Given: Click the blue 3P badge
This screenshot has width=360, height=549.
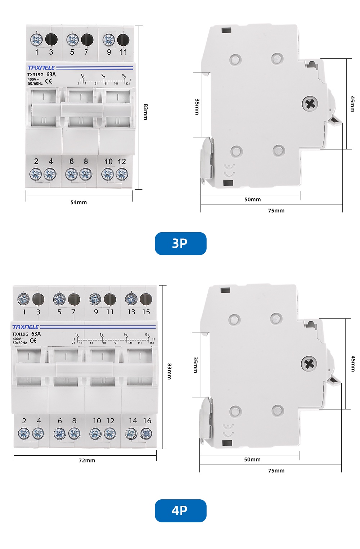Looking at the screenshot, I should tap(180, 244).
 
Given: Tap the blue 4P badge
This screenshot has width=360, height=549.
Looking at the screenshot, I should tap(180, 510).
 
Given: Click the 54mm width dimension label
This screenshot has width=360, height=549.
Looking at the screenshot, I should tap(78, 202).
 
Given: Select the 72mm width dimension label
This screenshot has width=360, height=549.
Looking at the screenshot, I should tap(87, 460).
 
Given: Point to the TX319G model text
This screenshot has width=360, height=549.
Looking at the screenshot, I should tap(35, 75).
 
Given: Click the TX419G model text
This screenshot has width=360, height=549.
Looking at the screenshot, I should tap(20, 334).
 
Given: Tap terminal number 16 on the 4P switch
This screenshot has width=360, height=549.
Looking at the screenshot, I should tap(147, 421).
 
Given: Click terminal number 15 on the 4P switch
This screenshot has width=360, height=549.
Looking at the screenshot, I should tap(146, 312).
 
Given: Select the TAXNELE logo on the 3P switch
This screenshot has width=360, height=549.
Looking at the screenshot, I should tap(41, 68).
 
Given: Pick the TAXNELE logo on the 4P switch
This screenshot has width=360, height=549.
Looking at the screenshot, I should tap(26, 327).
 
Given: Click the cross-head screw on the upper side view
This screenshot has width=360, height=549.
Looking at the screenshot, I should tap(310, 104).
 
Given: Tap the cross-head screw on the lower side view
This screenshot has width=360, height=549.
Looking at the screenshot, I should tap(309, 364).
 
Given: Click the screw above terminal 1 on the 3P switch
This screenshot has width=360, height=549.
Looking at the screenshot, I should tap(36, 39).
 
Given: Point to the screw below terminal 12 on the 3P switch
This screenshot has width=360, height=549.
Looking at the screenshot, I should tap(122, 175).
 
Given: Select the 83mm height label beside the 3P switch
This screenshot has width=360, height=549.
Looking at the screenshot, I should tap(145, 112).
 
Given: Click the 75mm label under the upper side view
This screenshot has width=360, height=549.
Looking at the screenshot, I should tap(276, 211).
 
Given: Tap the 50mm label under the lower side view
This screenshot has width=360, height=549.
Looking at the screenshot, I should tap(252, 459).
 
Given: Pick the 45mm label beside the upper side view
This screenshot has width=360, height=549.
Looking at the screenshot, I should tap(352, 104).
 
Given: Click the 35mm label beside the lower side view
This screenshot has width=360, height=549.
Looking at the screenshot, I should tap(195, 365).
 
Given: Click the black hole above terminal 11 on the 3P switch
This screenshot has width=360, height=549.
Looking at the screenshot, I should tap(123, 40).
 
